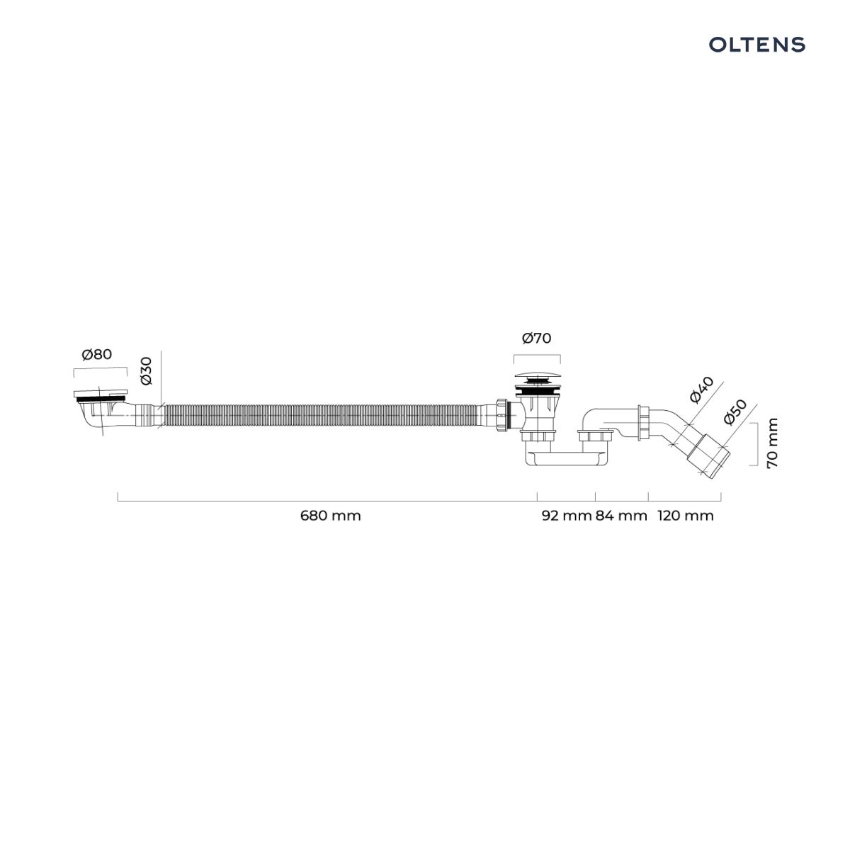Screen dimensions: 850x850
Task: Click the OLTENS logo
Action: pos(756,45)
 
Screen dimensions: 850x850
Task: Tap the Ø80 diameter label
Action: pos(97,354)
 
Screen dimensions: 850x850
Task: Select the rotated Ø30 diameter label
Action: pos(146,371)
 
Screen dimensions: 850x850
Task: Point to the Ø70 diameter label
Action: pos(536,339)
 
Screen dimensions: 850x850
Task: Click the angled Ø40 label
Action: pos(701,390)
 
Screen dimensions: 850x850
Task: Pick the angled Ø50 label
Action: pos(735,412)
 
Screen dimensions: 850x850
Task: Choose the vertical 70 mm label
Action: pos(772,443)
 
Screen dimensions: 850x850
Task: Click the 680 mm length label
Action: pos(330,515)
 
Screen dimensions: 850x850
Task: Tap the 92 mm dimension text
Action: pos(567,515)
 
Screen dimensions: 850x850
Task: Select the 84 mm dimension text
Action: pos(621,515)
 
